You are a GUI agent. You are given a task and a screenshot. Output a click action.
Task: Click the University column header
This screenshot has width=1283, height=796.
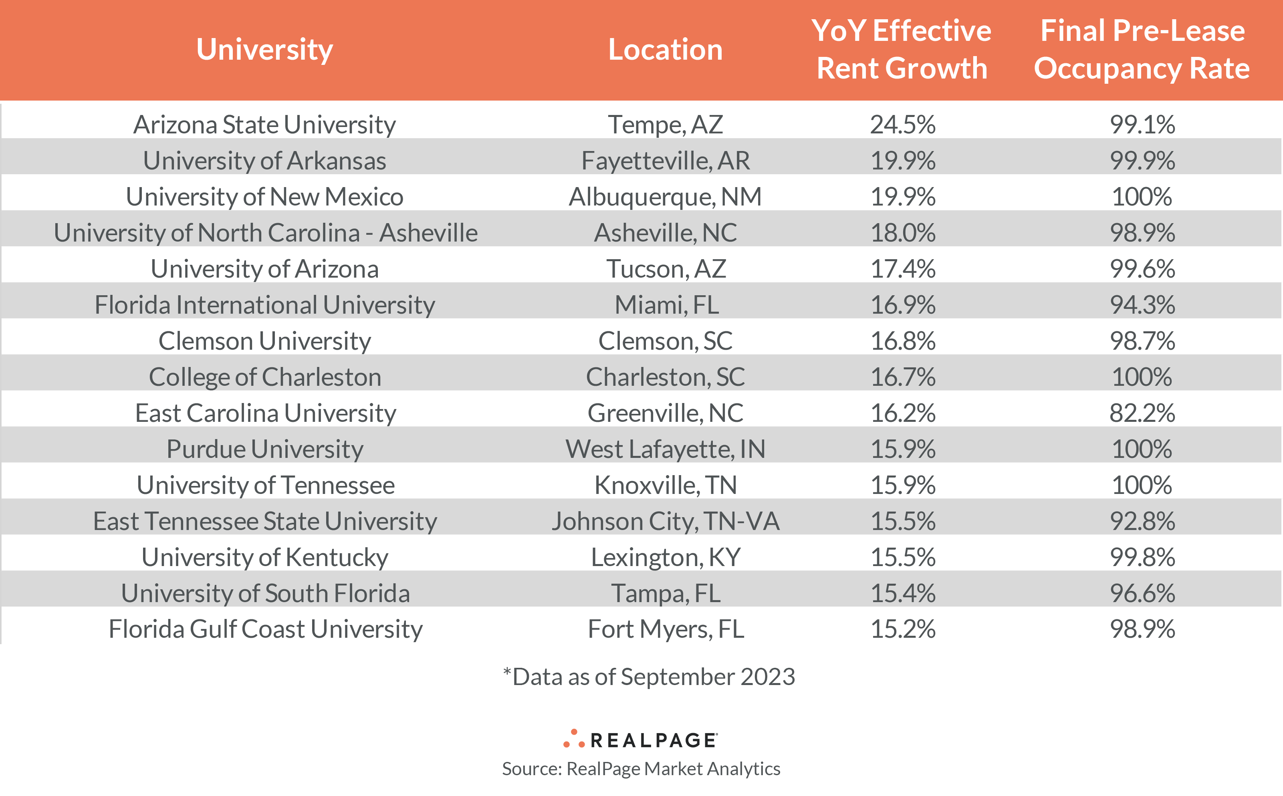[x=264, y=50]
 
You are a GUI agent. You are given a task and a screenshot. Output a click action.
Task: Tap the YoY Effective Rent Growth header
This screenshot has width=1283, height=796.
[x=902, y=50]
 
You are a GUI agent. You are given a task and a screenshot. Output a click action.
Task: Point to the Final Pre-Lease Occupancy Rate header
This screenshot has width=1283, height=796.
[x=1142, y=50]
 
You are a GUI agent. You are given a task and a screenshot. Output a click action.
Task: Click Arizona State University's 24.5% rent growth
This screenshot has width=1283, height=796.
[x=903, y=125]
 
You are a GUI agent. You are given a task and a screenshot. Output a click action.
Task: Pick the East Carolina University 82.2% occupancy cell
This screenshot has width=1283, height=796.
[x=1142, y=413]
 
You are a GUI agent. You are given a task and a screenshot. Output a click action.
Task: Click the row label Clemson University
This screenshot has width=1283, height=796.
[x=264, y=341]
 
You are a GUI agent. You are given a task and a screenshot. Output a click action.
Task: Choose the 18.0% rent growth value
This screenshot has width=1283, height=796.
[x=903, y=233]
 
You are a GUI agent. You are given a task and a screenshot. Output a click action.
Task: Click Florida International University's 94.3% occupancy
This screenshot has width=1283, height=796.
[x=1142, y=305]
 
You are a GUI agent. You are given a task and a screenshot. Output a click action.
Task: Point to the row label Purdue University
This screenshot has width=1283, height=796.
[x=264, y=449]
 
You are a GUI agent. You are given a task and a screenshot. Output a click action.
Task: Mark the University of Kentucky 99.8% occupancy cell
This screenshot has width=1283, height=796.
[x=1142, y=558]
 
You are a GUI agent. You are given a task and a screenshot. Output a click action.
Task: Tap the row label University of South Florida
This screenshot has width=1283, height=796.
[x=265, y=594]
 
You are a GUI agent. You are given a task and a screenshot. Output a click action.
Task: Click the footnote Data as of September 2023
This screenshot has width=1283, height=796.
[x=649, y=677]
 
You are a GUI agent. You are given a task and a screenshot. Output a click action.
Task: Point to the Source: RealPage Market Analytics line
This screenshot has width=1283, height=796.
[x=641, y=769]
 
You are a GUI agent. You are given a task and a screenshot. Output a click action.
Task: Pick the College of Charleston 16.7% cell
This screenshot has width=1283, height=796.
[x=903, y=377]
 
